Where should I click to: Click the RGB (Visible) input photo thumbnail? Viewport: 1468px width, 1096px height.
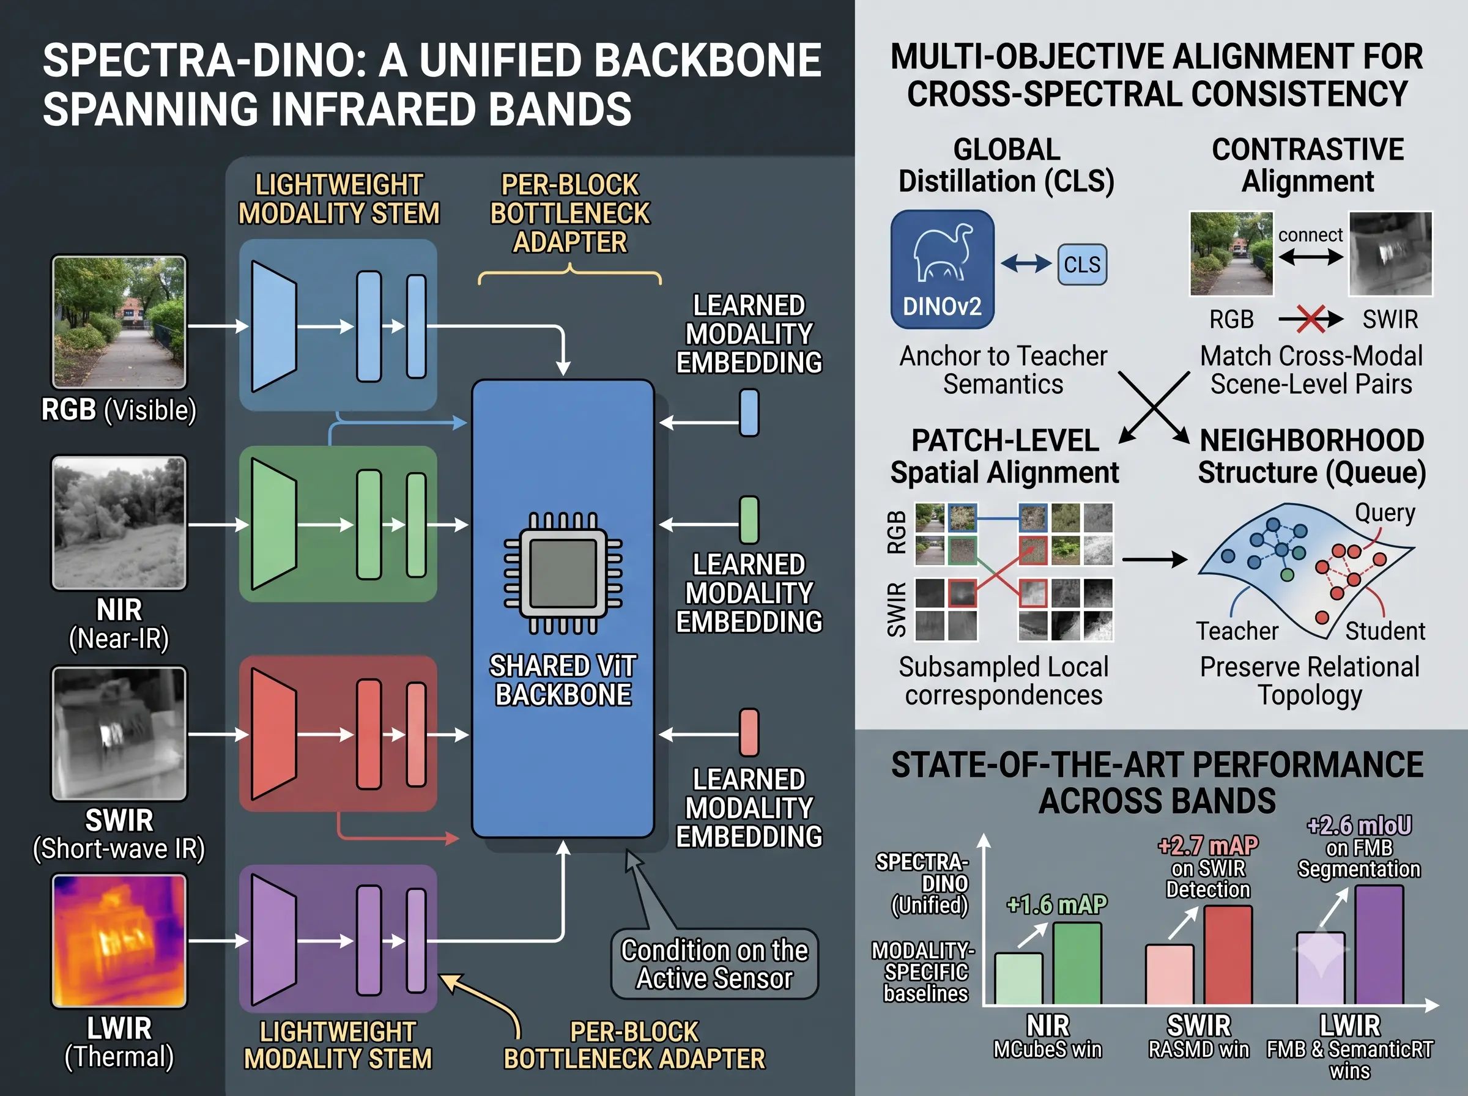119,322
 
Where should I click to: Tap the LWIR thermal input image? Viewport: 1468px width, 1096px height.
119,941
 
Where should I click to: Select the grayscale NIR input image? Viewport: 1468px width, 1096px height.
119,523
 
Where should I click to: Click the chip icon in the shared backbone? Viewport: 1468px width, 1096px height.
563,573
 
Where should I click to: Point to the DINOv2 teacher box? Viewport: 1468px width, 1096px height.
942,268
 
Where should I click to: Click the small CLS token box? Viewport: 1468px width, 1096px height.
1082,265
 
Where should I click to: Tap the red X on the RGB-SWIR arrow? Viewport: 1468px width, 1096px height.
1311,319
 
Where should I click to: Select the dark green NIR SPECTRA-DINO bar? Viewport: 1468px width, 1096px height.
1077,963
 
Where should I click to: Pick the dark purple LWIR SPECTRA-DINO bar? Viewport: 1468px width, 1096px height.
1379,946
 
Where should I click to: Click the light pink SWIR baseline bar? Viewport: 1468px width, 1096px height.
1170,974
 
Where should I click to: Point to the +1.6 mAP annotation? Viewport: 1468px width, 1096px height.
1057,905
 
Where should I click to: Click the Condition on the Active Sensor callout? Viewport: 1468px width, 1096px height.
714,964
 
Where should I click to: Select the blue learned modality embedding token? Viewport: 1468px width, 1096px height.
749,413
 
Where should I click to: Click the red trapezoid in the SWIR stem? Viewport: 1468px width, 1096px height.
274,734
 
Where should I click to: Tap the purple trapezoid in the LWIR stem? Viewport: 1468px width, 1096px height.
274,941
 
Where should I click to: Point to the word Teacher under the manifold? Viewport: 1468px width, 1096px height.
1237,631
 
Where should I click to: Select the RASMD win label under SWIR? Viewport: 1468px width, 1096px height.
1199,1050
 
